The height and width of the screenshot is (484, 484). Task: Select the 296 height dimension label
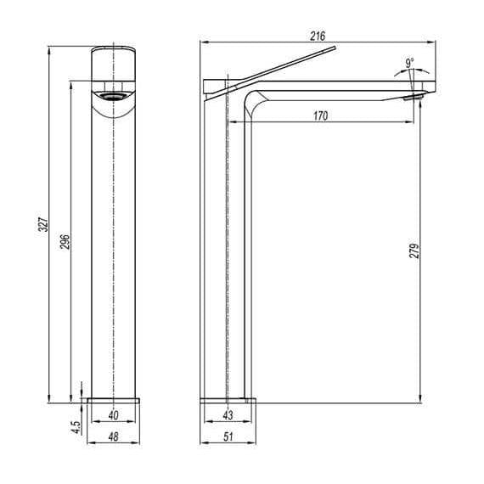tap(65, 243)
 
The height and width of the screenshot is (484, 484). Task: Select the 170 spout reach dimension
tap(320, 115)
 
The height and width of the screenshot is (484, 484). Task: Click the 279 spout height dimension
tap(414, 251)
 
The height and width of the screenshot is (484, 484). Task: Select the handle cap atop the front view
tap(114, 63)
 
